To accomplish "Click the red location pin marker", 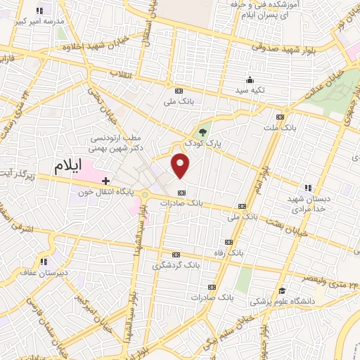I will (181, 166).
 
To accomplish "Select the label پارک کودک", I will (205, 143).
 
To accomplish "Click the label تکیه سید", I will (250, 89).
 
